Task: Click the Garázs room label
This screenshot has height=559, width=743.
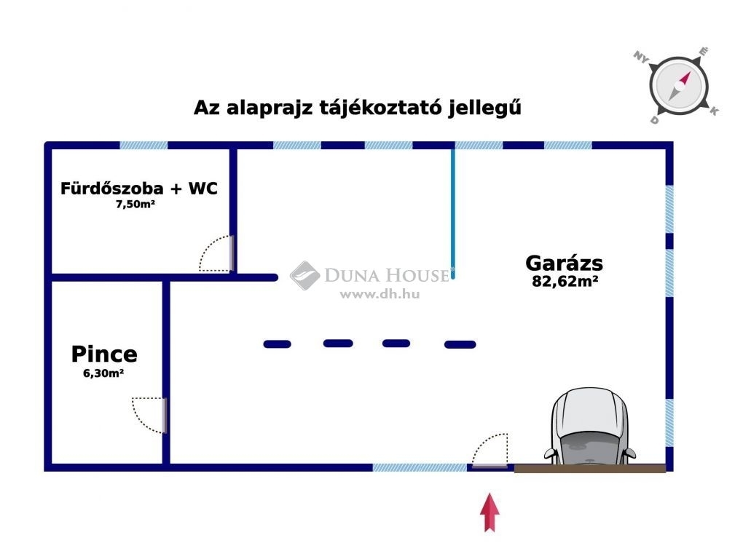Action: [x=564, y=263]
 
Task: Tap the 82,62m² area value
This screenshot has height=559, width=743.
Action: [x=565, y=281]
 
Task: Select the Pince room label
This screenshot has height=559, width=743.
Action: [x=104, y=354]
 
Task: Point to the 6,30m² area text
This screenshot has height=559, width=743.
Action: [x=103, y=373]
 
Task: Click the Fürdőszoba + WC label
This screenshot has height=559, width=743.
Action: [x=139, y=189]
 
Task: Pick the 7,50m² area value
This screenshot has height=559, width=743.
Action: [x=135, y=205]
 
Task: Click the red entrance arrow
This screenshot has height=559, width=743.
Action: [x=490, y=512]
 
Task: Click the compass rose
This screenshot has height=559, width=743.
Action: [x=679, y=86]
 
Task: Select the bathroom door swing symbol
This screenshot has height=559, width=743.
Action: [x=216, y=254]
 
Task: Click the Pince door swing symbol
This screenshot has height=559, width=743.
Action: [x=149, y=416]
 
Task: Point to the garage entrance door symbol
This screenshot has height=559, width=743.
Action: [x=490, y=451]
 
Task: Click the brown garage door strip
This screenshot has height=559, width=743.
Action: [x=590, y=469]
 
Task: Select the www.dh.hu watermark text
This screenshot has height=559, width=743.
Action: [x=380, y=294]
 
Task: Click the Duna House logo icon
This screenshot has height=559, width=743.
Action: [x=304, y=275]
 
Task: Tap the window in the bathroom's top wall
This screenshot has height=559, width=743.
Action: [x=144, y=146]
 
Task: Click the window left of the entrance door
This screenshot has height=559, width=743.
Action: [x=420, y=467]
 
